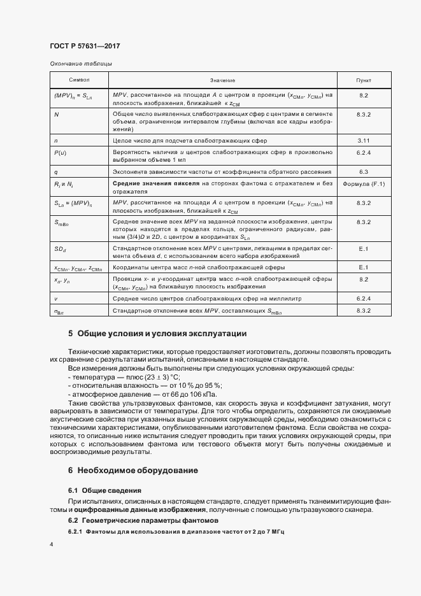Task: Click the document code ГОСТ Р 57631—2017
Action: [85, 46]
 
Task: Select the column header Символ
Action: [79, 81]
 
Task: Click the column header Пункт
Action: [364, 81]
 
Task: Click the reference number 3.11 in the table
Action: [364, 139]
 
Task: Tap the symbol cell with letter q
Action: [56, 171]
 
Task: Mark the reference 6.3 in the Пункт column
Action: [364, 171]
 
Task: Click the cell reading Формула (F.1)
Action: [364, 184]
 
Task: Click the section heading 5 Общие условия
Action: [157, 334]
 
